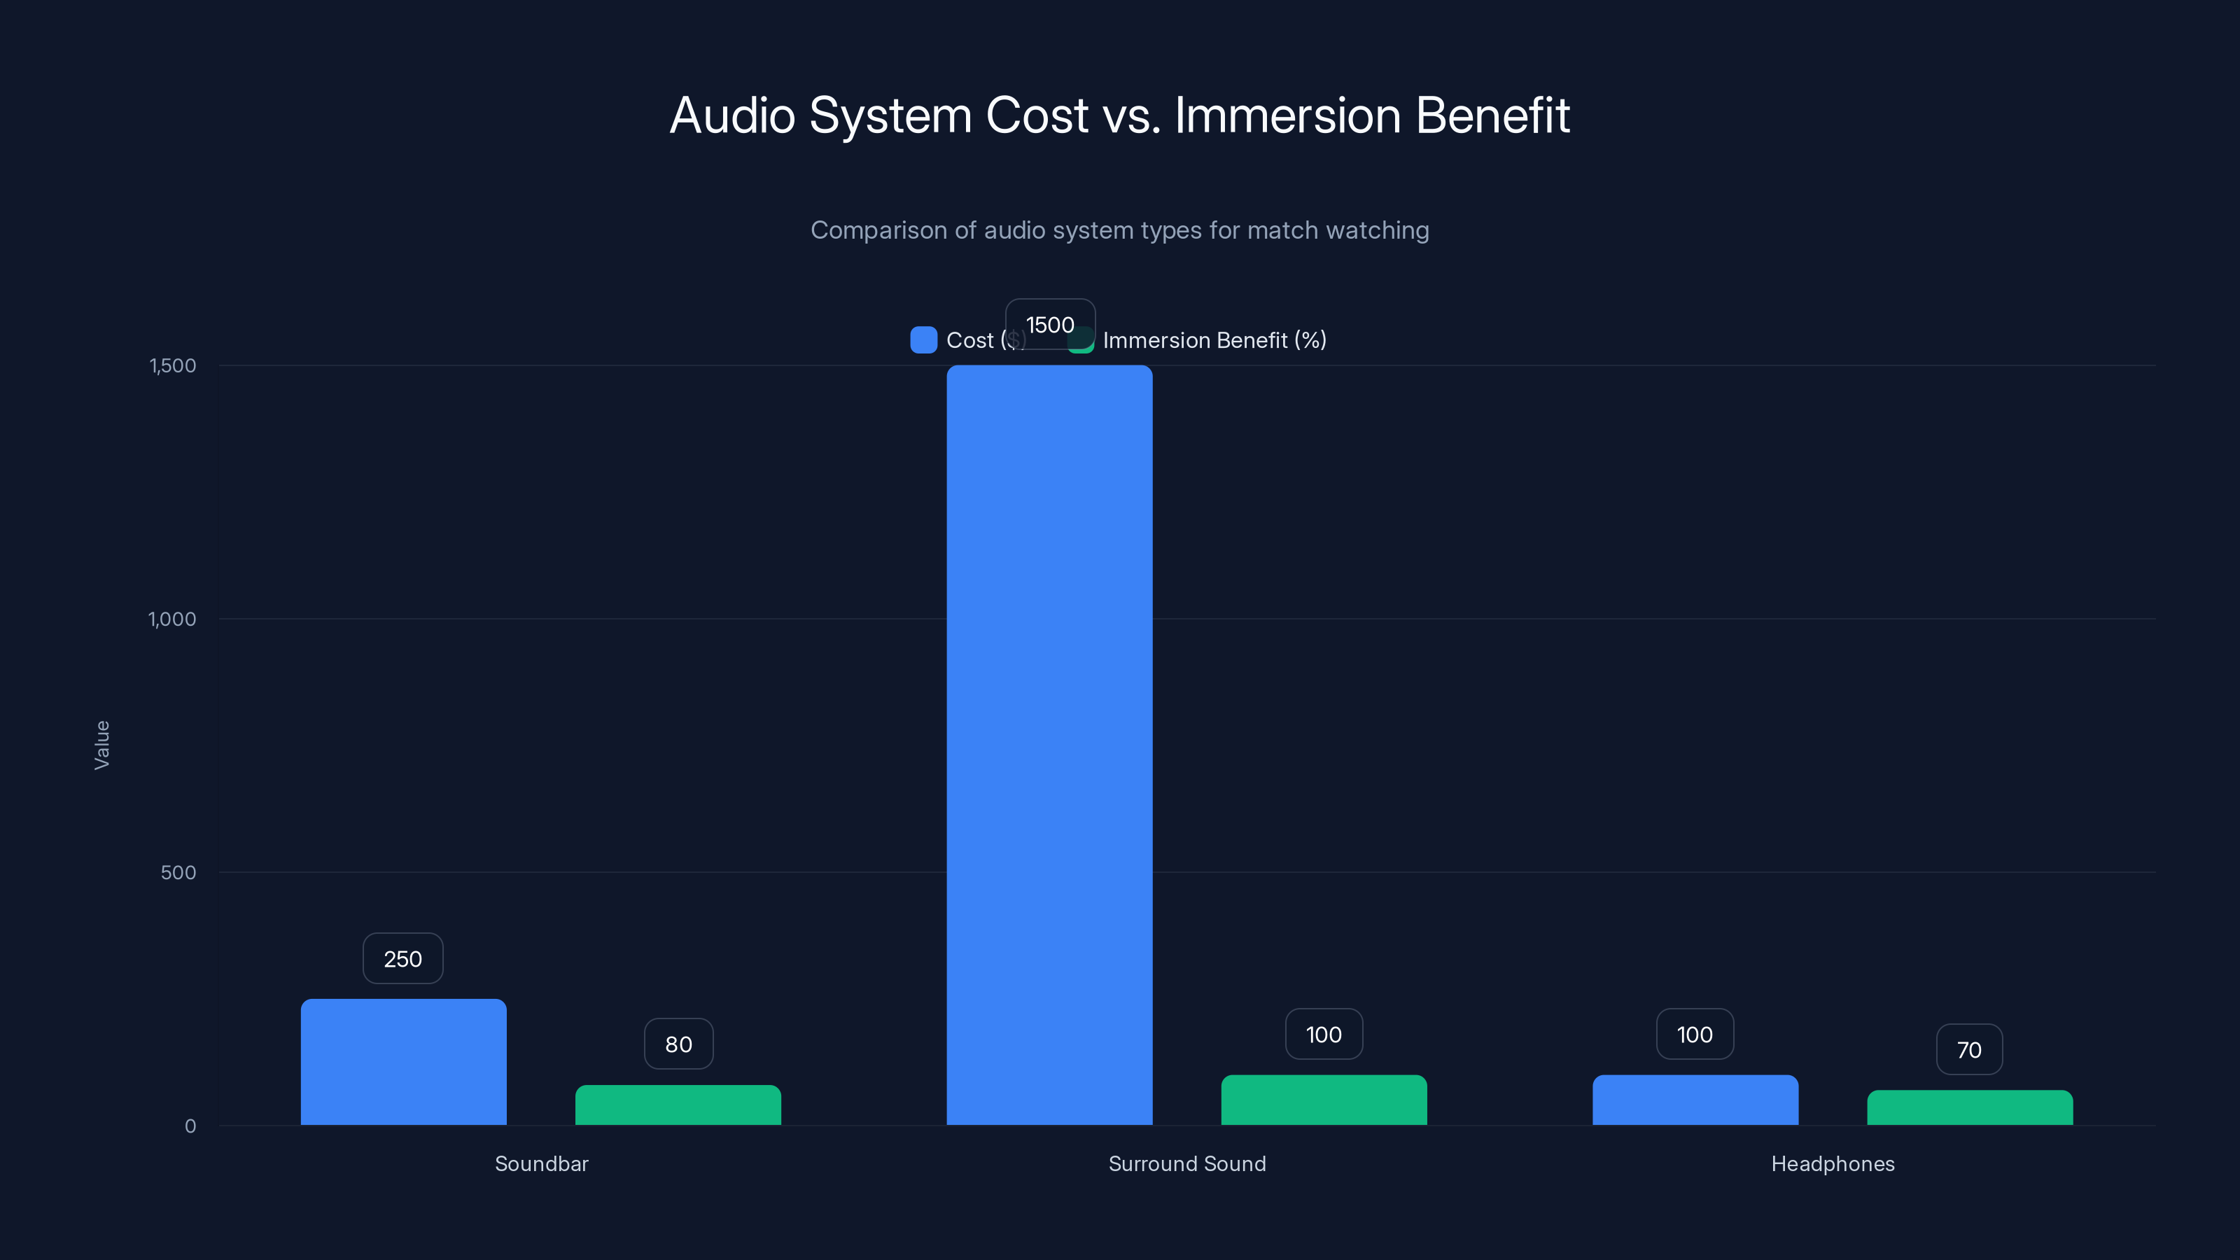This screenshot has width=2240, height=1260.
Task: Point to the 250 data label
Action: [x=402, y=958]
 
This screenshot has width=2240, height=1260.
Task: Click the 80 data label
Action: [x=678, y=1044]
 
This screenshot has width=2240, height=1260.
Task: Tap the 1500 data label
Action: [x=1049, y=324]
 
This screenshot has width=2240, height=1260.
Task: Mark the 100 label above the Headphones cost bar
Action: [x=1695, y=1034]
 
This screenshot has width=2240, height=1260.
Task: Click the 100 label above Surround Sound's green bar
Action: [x=1324, y=1034]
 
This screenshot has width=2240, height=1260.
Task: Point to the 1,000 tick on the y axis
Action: [x=172, y=618]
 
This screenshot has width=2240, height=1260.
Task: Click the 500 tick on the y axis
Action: [x=178, y=872]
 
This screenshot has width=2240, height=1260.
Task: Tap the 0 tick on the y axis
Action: [x=190, y=1126]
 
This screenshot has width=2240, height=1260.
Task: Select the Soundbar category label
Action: [x=541, y=1163]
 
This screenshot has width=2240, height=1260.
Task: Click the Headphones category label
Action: [x=1832, y=1163]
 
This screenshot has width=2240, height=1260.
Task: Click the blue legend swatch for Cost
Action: [x=923, y=340]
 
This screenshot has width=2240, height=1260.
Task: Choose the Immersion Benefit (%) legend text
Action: [x=1214, y=340]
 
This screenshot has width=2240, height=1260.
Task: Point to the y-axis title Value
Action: [x=101, y=744]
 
